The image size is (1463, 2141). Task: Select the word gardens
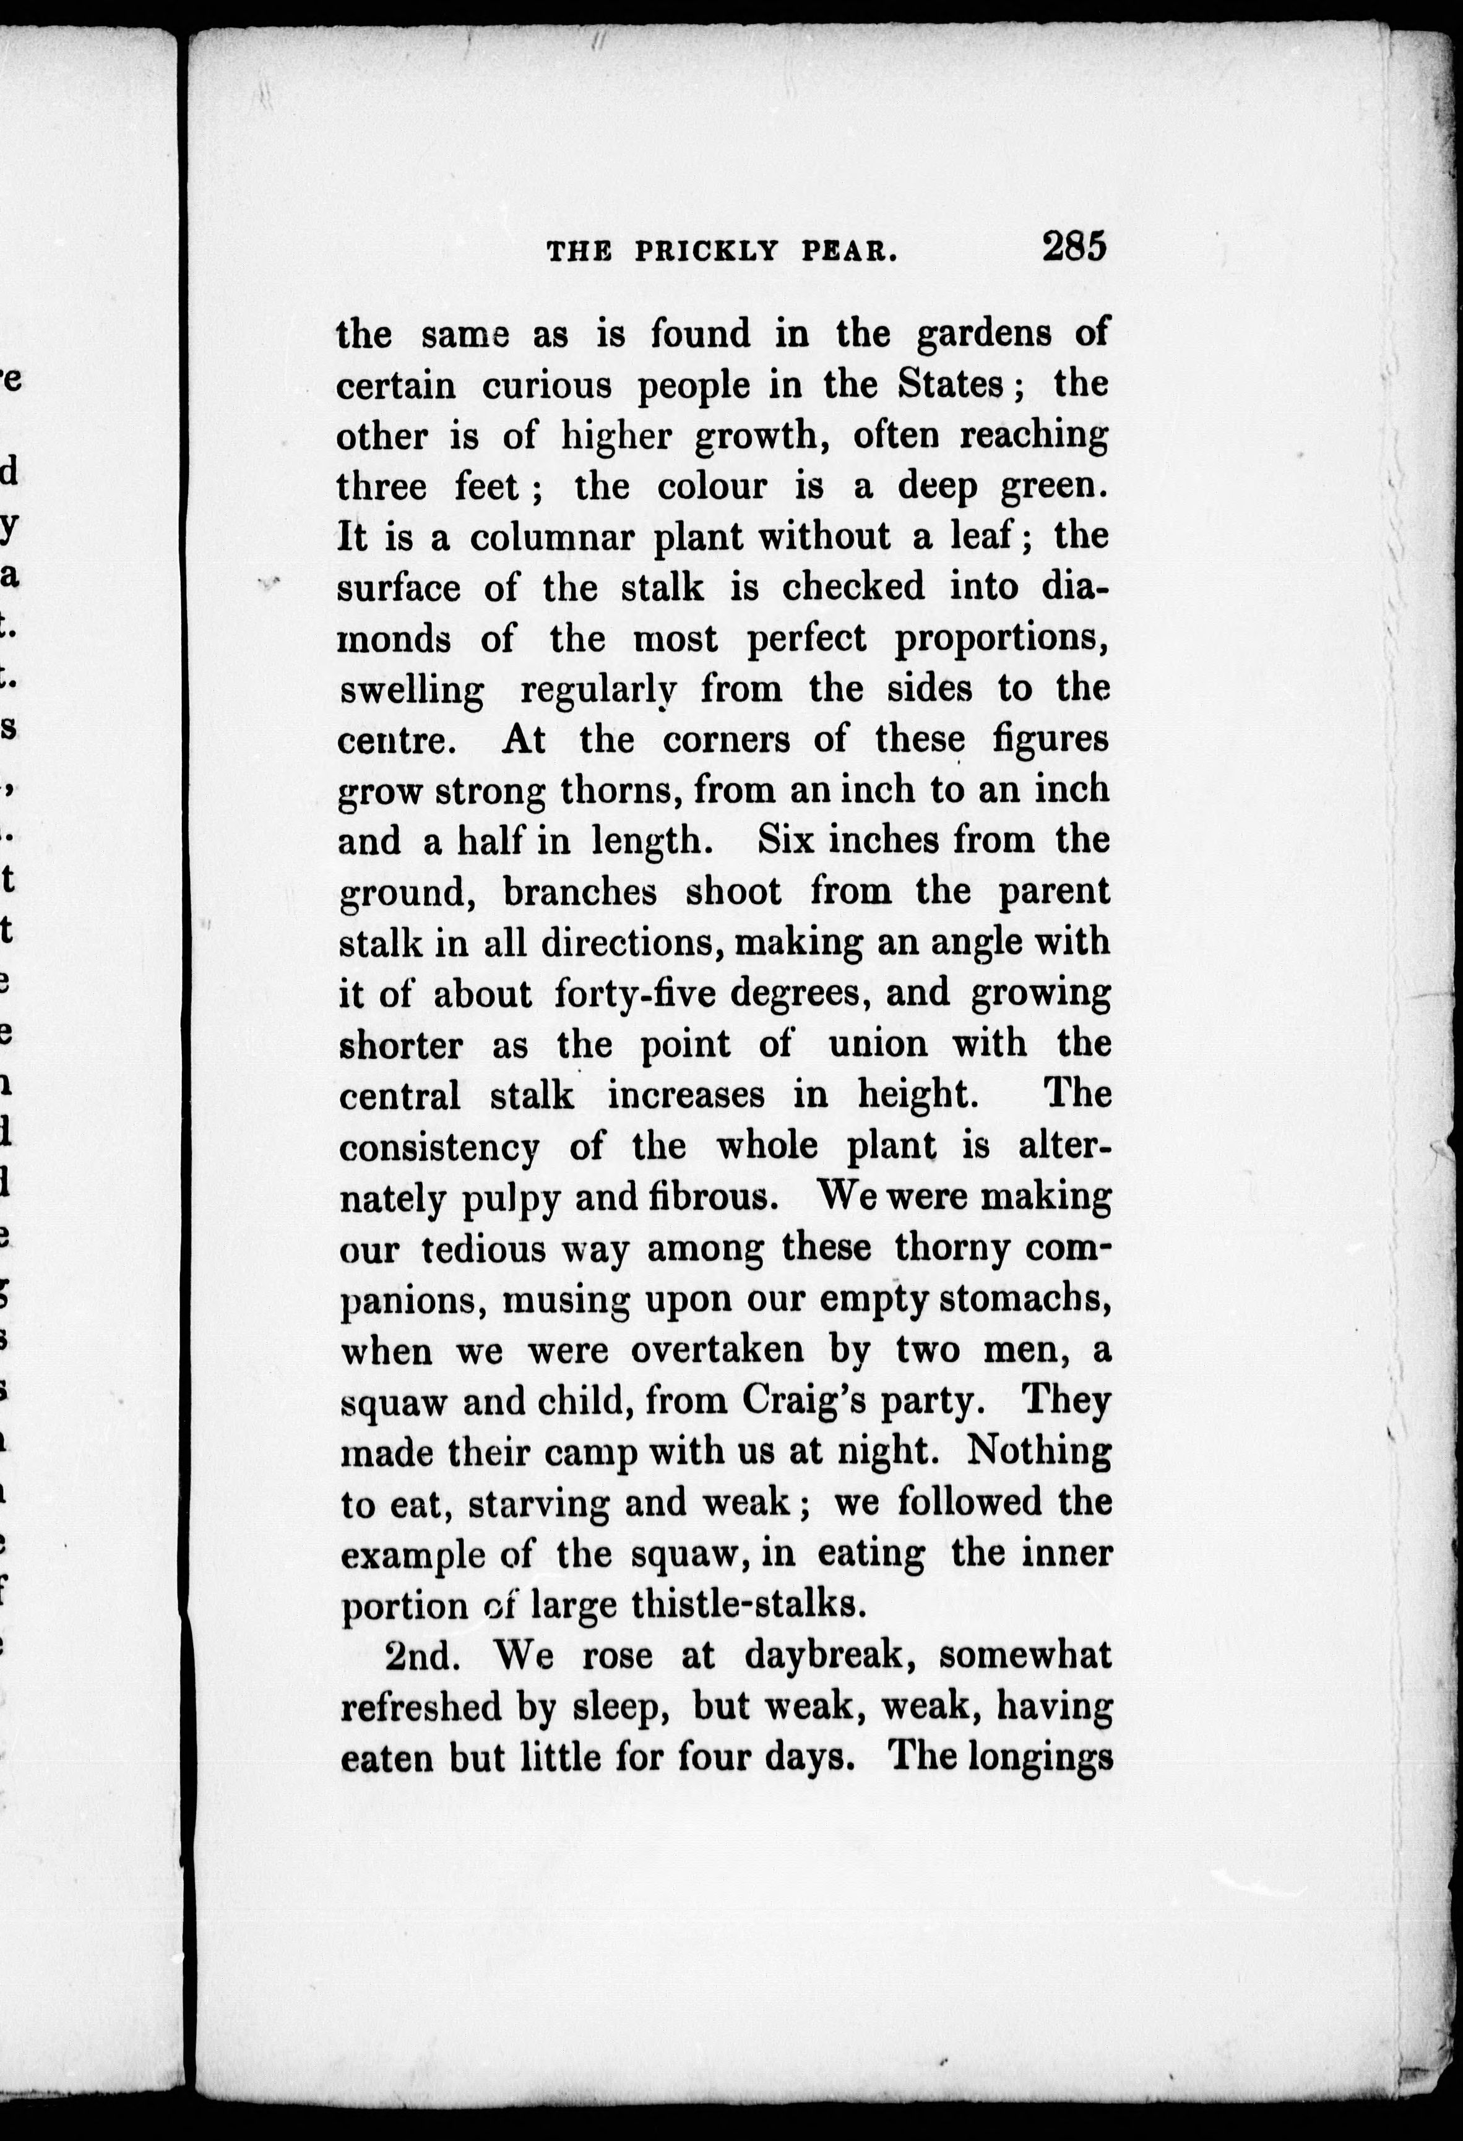pyautogui.click(x=984, y=334)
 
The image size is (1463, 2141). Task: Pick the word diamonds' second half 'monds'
pyautogui.click(x=394, y=639)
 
